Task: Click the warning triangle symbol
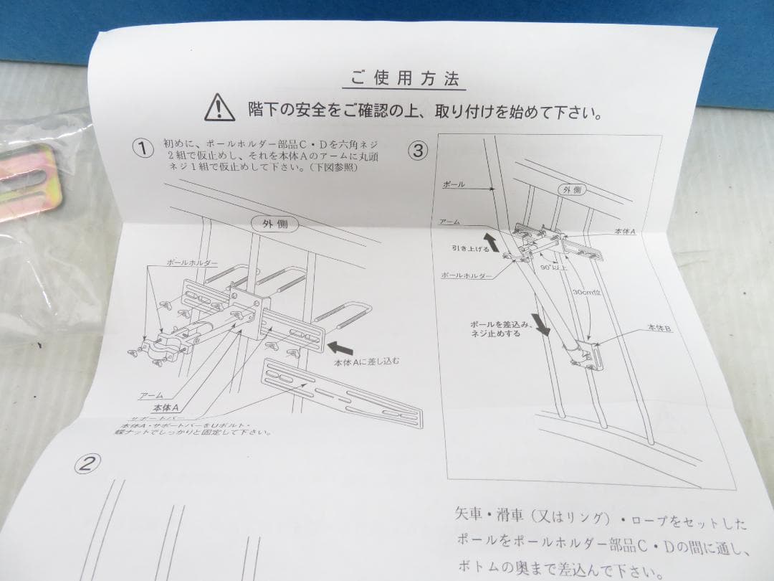[x=219, y=108]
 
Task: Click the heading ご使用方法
[x=405, y=78]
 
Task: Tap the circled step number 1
[x=143, y=148]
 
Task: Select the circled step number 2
[x=87, y=464]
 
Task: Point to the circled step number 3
[x=419, y=151]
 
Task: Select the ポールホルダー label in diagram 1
[x=191, y=264]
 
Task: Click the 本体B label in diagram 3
[x=659, y=327]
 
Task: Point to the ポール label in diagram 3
[x=453, y=184]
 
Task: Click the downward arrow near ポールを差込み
[x=543, y=324]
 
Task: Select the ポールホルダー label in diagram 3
[x=465, y=275]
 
